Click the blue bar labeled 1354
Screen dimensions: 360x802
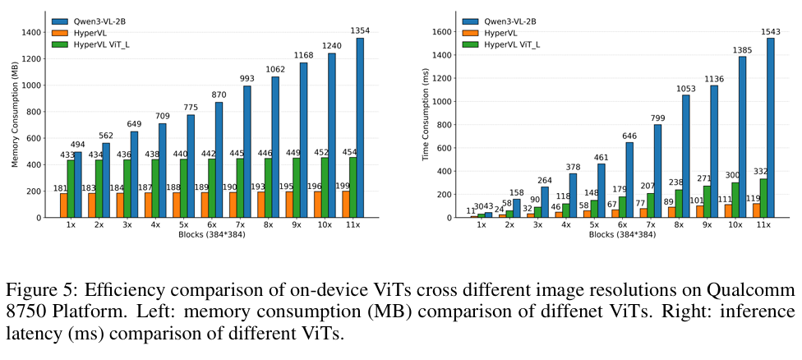tap(360, 127)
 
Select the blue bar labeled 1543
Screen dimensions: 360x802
tap(770, 127)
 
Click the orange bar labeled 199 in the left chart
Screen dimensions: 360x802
tap(343, 204)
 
